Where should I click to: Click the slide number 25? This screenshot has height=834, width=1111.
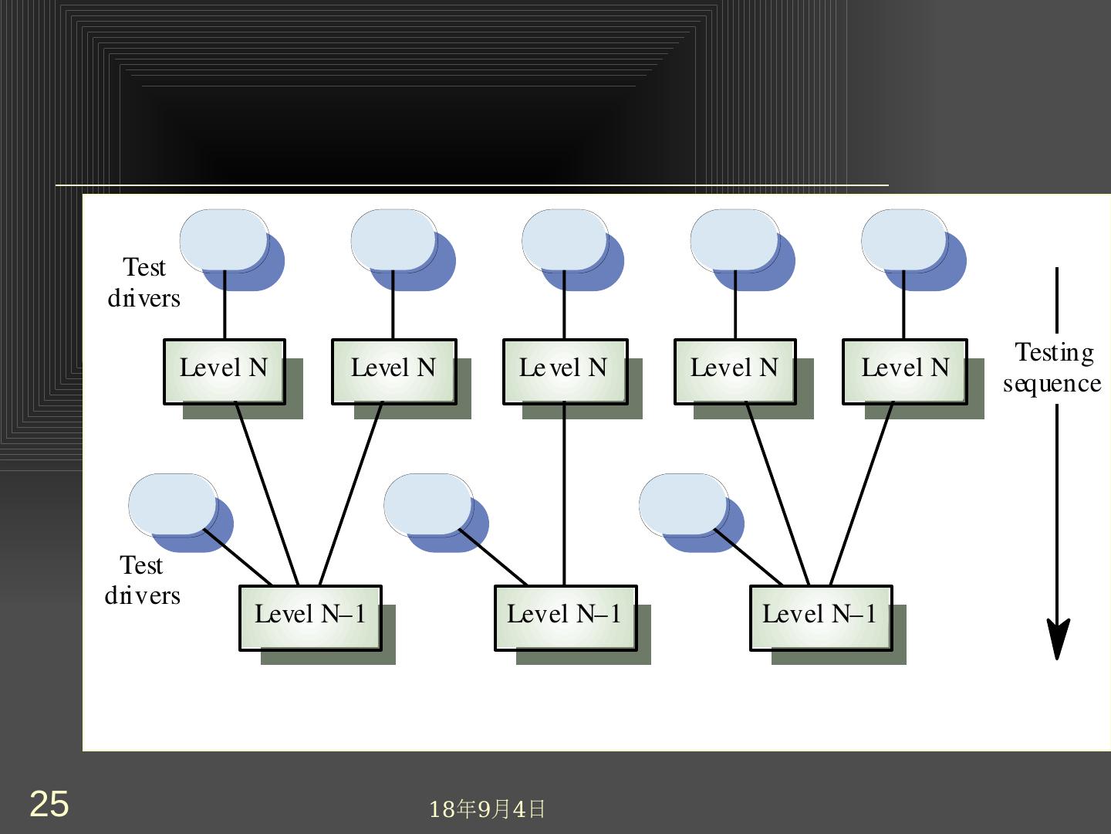point(49,804)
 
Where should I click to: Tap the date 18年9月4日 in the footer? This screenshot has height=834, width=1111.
point(487,809)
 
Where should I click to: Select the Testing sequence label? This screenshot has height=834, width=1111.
point(1052,368)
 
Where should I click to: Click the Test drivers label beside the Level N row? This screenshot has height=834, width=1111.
point(144,283)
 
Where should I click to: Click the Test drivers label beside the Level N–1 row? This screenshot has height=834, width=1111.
point(143,580)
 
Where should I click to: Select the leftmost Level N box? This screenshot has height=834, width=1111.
point(225,371)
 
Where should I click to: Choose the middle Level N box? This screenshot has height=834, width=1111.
point(565,371)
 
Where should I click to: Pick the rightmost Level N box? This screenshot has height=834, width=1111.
point(904,371)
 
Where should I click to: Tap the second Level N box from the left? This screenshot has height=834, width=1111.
point(393,371)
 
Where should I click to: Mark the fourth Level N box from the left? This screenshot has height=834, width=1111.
point(734,371)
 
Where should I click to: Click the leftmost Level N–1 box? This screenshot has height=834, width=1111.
point(310,617)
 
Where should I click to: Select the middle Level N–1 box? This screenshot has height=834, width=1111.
point(566,617)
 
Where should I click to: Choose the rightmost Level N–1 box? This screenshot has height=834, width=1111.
point(821,617)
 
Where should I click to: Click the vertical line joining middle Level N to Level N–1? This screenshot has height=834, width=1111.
point(564,494)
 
